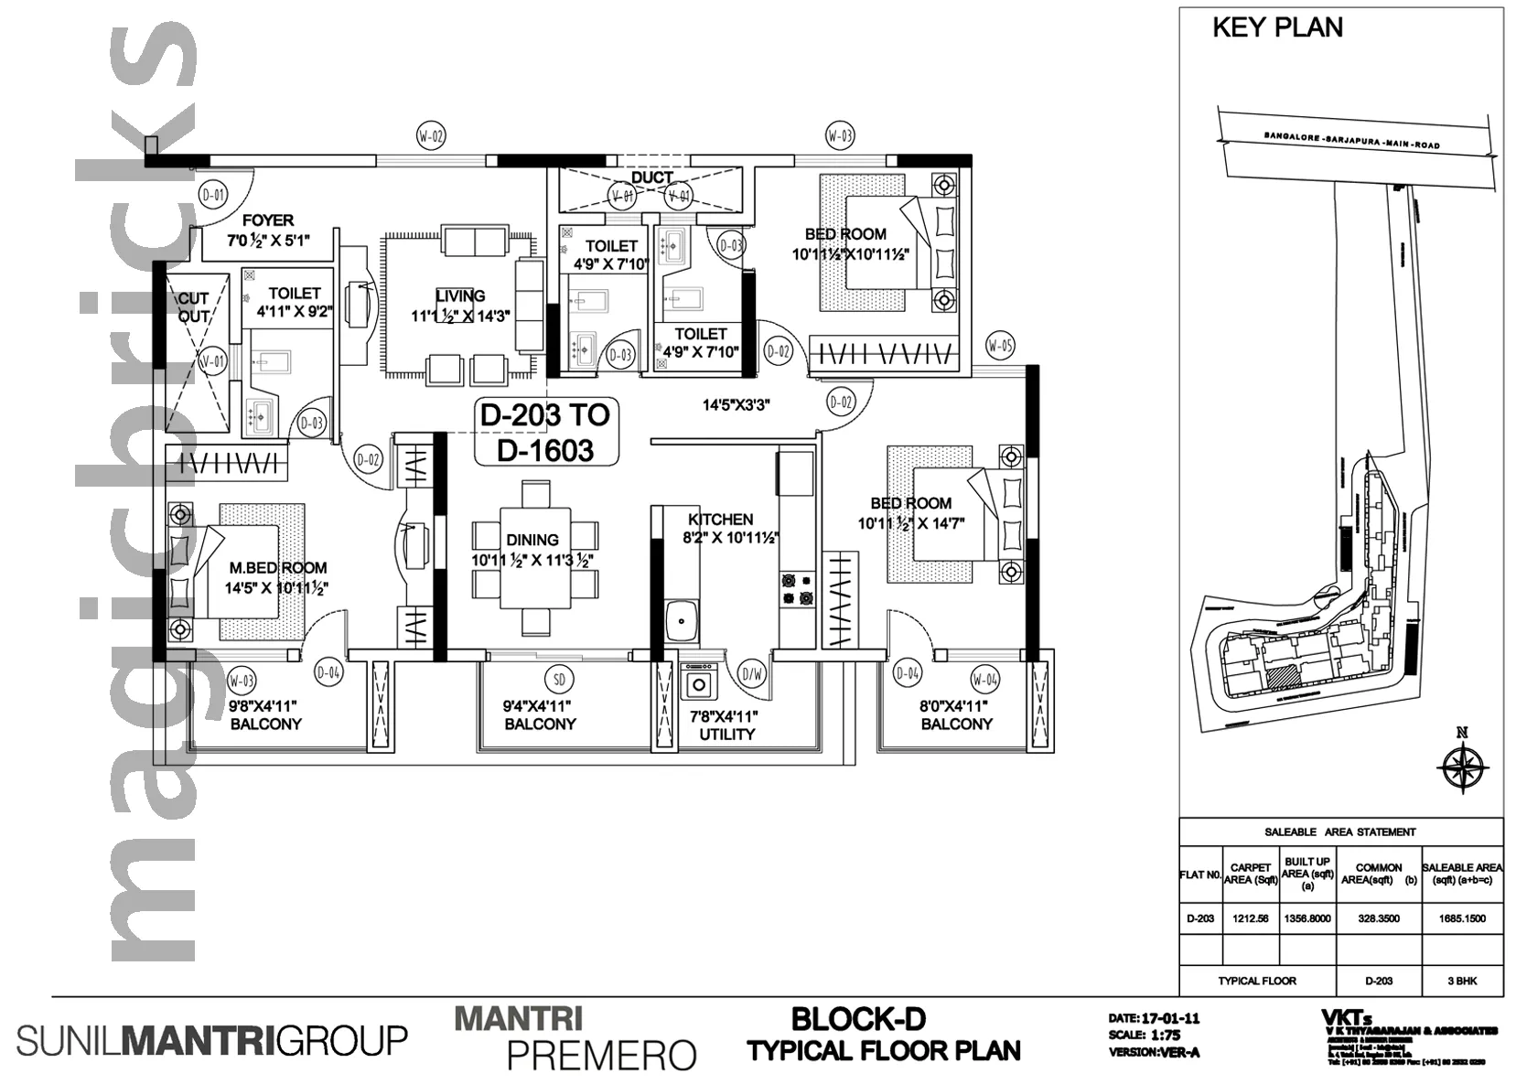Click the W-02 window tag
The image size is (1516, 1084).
point(431,137)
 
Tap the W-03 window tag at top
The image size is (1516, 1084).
point(840,137)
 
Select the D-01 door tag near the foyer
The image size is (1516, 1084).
point(212,195)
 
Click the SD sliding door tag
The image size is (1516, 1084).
point(560,679)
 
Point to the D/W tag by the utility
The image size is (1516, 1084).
point(752,675)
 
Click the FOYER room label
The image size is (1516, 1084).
point(268,220)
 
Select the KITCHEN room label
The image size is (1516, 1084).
point(721,520)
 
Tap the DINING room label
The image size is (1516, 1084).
point(532,540)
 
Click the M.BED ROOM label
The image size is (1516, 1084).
point(277,568)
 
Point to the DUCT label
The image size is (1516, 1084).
point(652,177)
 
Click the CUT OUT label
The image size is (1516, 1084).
point(193,307)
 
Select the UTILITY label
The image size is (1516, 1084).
point(726,734)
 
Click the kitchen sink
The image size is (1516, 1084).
point(681,621)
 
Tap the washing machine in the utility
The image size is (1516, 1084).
point(698,684)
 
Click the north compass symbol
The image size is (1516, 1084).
point(1462,765)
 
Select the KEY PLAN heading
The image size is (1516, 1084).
point(1277,27)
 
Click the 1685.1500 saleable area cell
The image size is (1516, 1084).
point(1462,918)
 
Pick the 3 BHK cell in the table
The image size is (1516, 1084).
point(1462,981)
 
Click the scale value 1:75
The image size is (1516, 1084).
point(1166,1036)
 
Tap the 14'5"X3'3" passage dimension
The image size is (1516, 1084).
point(736,405)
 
